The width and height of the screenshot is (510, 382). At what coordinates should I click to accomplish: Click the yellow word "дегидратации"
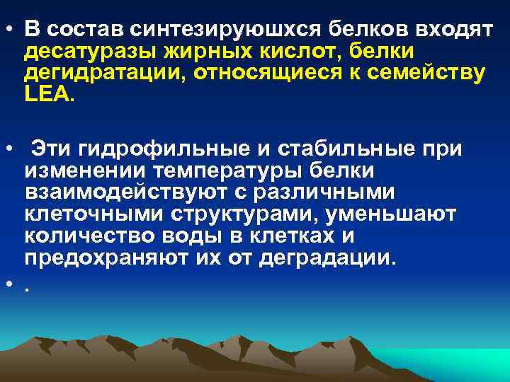102,74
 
